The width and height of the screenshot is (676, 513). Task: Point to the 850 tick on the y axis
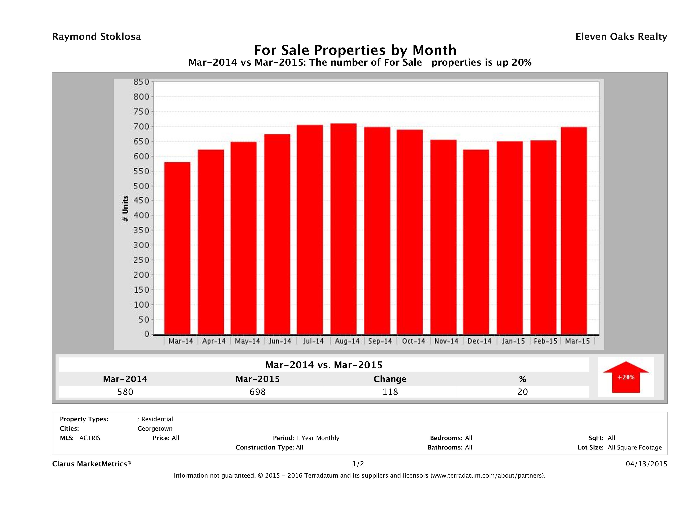tap(141, 82)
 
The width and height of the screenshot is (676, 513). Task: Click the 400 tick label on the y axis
tap(141, 215)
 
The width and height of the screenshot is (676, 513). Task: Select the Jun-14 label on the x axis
tap(280, 341)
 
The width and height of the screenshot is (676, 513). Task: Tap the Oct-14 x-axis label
tap(414, 341)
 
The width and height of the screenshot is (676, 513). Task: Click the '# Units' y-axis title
tap(125, 209)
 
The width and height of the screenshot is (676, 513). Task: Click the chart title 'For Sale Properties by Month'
tap(355, 50)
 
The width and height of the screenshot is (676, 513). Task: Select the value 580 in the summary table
tap(125, 392)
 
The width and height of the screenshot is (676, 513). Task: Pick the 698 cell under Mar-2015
tap(258, 392)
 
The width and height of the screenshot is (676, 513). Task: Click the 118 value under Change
tap(390, 392)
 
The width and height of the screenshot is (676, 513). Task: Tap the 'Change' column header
tap(390, 379)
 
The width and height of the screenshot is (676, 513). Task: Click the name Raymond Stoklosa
tap(97, 37)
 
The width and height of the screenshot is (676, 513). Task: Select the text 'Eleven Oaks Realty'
tap(621, 37)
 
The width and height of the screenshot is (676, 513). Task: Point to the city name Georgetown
tap(155, 429)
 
